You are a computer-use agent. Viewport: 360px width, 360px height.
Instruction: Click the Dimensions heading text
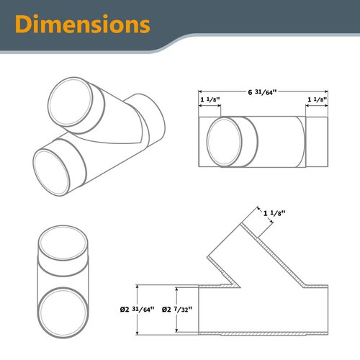[78, 24]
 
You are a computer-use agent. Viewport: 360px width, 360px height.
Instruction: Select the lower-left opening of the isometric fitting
[57, 167]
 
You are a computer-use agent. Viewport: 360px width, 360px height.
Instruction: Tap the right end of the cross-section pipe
[326, 309]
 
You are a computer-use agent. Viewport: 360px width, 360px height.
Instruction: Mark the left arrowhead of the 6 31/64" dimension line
[202, 91]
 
